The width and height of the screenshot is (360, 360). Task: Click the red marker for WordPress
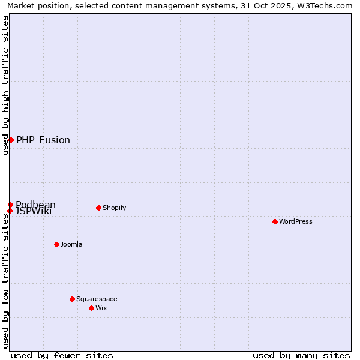click(x=275, y=221)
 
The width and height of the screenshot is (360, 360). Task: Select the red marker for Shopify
click(x=98, y=208)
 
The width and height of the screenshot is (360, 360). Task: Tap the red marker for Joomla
click(x=56, y=244)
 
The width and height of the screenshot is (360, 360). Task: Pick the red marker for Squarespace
click(x=72, y=299)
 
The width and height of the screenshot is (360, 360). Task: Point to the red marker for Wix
click(x=91, y=308)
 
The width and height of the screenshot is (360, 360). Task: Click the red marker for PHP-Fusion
click(x=11, y=140)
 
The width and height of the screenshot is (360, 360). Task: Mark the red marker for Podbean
click(x=10, y=205)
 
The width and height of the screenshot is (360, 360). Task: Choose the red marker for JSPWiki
click(x=10, y=211)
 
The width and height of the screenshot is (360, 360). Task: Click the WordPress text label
click(x=296, y=221)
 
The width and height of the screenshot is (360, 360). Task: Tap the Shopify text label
click(x=114, y=208)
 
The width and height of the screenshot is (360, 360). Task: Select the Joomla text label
click(x=71, y=244)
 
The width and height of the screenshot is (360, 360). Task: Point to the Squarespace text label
click(x=97, y=299)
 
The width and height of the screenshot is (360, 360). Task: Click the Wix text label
click(x=101, y=308)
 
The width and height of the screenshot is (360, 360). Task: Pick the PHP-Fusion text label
click(x=43, y=140)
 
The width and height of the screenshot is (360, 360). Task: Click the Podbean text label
click(x=36, y=204)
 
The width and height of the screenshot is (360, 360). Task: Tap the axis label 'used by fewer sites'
click(x=62, y=355)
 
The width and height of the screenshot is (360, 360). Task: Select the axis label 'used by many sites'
click(x=301, y=355)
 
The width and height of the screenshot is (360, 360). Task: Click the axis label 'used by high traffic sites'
click(x=5, y=85)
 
